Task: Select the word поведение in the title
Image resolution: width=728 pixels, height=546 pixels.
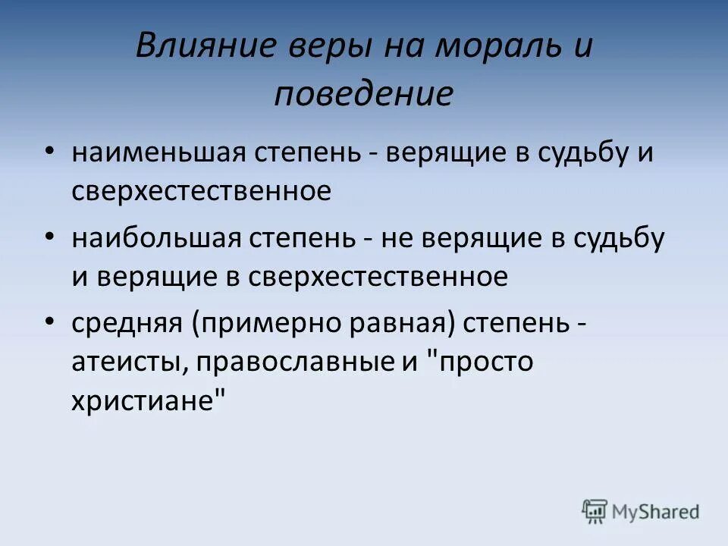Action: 363,95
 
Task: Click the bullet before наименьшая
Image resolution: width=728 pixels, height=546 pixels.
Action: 49,151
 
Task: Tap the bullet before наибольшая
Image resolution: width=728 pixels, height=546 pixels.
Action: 49,237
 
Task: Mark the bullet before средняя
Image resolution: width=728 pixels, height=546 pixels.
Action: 49,322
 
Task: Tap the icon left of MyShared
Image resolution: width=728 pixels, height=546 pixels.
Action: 594,510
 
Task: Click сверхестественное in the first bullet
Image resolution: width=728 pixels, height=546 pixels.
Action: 201,191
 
